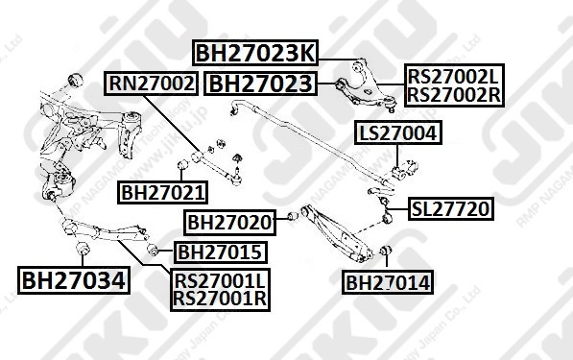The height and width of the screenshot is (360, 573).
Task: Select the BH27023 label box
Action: pos(261,84)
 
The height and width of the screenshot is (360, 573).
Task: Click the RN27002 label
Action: pos(152,84)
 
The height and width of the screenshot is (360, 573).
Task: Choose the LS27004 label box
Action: pos(398,134)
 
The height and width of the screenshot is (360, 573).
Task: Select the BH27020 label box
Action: pos(229,223)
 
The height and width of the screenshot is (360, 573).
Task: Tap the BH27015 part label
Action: pos(220,252)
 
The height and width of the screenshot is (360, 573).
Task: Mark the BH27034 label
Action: pos(73,281)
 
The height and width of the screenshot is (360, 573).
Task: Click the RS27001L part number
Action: pos(220,281)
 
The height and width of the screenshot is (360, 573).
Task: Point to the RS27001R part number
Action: pos(220,300)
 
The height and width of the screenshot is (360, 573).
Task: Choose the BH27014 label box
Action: pos(387,282)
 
